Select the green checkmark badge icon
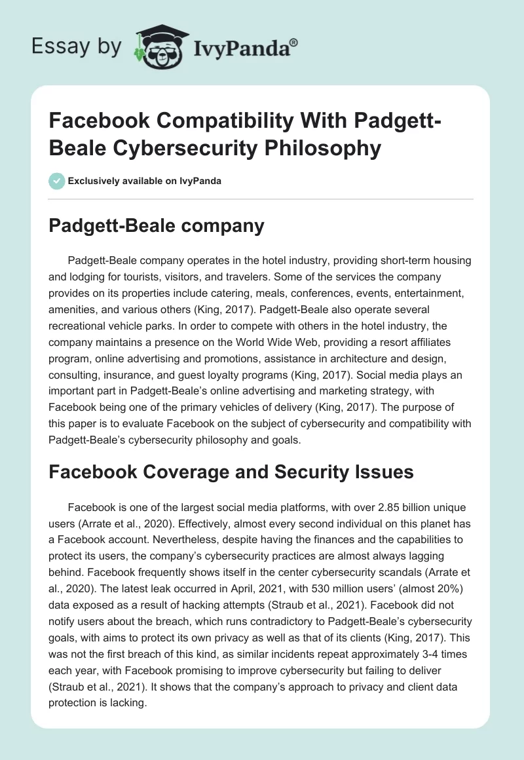pyautogui.click(x=58, y=181)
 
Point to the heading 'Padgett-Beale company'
pyautogui.click(x=157, y=226)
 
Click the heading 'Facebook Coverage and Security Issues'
pyautogui.click(x=231, y=471)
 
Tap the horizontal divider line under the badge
pyautogui.click(x=261, y=199)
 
